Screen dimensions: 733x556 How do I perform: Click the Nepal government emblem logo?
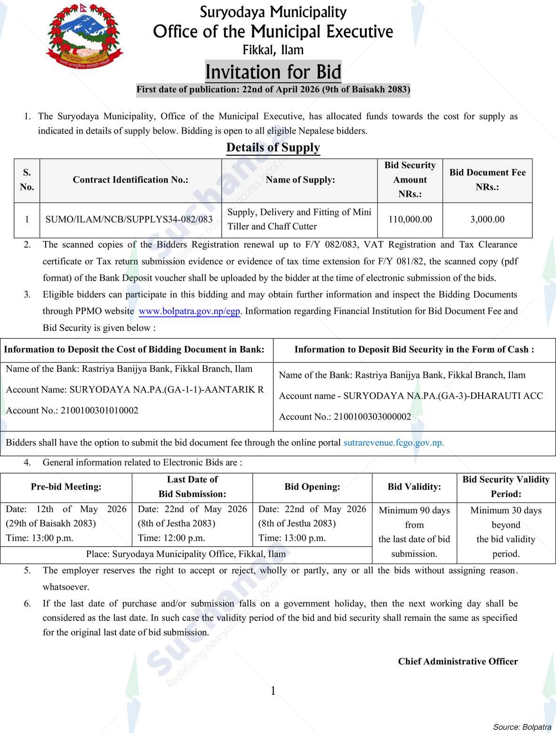84,37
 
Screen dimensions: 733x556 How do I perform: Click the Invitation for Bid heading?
273,72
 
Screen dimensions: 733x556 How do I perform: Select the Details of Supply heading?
273,147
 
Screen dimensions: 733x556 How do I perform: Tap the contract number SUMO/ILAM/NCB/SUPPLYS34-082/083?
129,219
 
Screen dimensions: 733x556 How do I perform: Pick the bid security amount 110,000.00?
410,219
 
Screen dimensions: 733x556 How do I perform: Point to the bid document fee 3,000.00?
487,219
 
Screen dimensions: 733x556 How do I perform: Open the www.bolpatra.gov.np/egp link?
190,311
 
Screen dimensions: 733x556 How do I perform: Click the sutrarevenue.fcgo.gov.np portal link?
394,443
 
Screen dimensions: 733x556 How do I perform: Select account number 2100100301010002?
99,411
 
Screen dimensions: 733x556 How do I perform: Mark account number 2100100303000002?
372,417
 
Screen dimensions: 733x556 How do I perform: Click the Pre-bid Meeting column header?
66,487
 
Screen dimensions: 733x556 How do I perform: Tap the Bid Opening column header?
312,487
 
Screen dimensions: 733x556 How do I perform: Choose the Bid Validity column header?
414,487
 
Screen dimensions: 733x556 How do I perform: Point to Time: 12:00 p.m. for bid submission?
171,538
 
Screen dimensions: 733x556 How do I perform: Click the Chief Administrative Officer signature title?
458,661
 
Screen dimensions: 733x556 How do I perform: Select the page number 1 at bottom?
273,691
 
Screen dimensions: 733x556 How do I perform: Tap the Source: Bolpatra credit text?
522,727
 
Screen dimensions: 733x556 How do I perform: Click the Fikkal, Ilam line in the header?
273,50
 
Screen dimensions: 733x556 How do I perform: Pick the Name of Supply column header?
300,180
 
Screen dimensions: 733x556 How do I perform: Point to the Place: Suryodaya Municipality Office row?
186,554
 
